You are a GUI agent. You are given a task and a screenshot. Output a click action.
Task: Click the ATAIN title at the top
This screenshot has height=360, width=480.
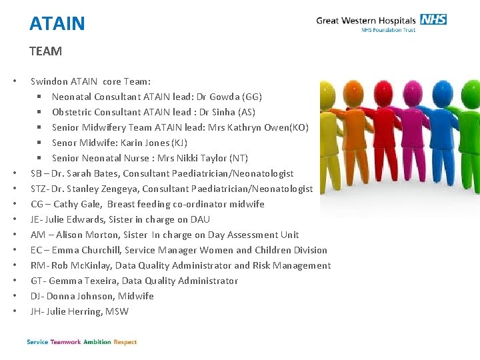pyautogui.click(x=57, y=24)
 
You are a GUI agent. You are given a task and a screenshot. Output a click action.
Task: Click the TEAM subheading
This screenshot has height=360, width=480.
pyautogui.click(x=45, y=51)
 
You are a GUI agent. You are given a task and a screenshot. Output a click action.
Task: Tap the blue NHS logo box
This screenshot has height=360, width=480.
pyautogui.click(x=433, y=19)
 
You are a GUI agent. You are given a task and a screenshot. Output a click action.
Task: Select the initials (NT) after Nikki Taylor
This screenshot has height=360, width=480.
pyautogui.click(x=238, y=158)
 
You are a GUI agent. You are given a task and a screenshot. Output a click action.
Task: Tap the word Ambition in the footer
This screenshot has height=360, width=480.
pyautogui.click(x=97, y=342)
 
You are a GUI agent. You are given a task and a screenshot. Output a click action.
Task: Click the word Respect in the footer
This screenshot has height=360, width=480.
pyautogui.click(x=125, y=342)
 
